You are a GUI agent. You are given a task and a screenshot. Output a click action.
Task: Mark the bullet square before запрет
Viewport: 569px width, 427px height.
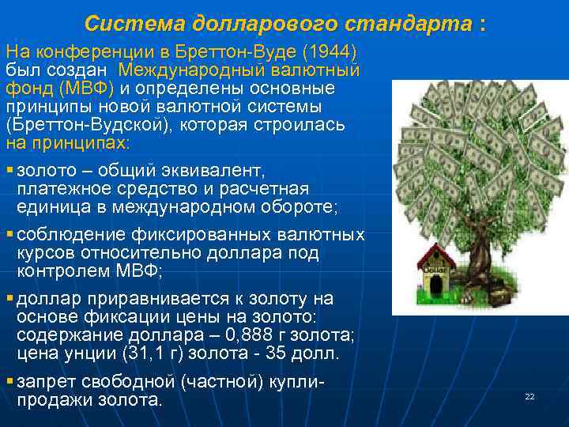click(9, 382)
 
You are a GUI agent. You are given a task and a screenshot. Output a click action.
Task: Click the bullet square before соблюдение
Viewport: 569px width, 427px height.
click(9, 234)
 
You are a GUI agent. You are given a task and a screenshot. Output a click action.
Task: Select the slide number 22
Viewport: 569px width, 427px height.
click(529, 396)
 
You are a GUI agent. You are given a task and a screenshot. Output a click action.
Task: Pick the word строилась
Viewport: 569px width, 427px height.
click(304, 125)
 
